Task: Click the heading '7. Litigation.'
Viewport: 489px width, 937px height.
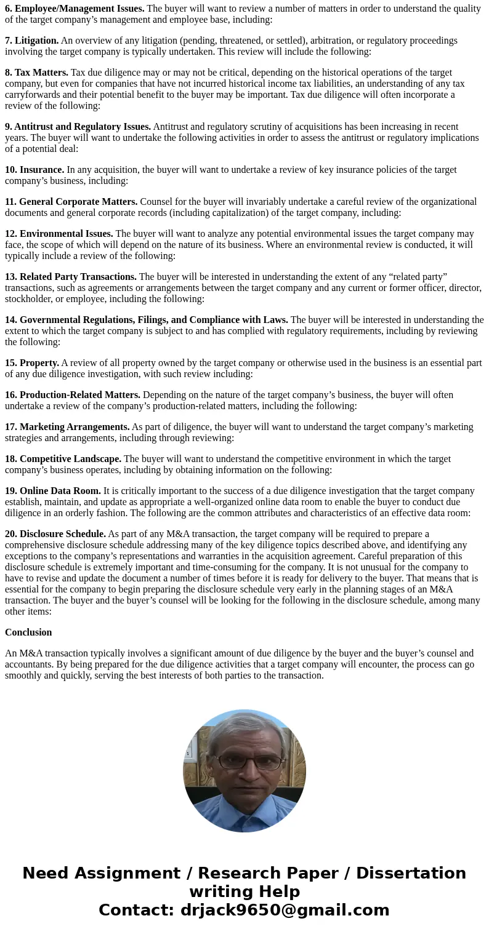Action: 32,41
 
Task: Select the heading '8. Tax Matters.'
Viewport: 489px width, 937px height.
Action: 37,73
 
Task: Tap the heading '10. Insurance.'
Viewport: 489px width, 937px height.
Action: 34,170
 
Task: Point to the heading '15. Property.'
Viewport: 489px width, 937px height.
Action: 32,363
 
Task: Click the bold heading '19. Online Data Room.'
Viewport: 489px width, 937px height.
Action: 53,491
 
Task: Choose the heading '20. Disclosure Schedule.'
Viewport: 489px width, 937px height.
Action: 55,534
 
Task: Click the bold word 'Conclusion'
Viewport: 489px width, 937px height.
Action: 28,632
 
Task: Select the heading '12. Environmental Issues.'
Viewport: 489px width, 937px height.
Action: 59,234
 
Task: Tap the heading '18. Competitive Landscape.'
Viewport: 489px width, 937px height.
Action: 63,459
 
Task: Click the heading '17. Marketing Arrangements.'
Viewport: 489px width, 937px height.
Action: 67,427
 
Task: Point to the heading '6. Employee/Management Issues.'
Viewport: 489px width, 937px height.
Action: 75,9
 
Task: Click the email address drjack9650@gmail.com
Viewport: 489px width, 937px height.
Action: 285,910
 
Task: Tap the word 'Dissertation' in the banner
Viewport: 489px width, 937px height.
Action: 411,873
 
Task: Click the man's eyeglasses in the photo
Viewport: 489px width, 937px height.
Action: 244,762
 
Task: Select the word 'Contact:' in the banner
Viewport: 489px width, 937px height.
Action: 136,910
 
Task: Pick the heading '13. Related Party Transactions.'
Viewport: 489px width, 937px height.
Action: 71,277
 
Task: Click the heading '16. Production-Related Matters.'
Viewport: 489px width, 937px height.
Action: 73,395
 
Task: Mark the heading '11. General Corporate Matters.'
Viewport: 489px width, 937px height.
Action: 71,202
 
